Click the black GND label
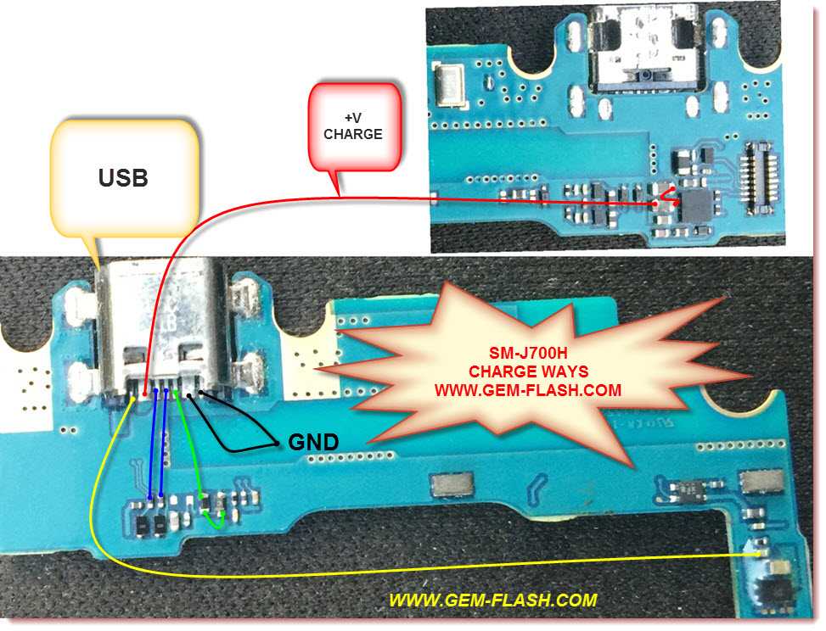[313, 442]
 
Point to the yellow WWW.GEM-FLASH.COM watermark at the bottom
[492, 600]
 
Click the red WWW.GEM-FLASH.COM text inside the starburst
[527, 391]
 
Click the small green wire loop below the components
[217, 519]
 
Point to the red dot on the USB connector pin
[148, 393]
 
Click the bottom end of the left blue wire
[150, 496]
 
